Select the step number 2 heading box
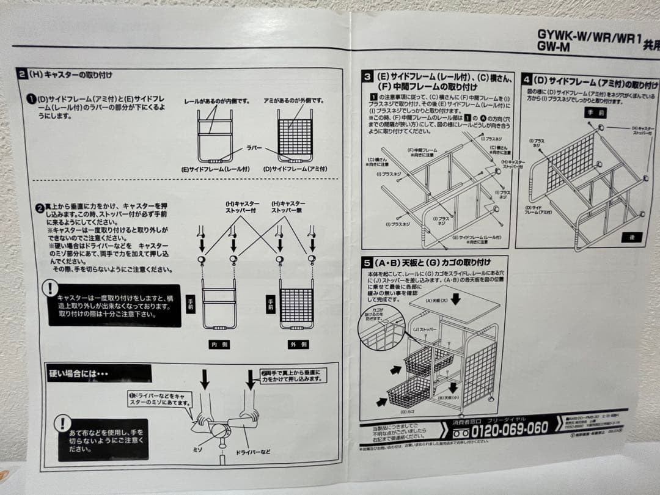click(x=21, y=75)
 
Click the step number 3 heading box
click(x=367, y=77)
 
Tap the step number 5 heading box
click(x=367, y=263)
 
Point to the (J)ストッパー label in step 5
click(x=425, y=329)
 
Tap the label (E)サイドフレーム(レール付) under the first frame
click(x=212, y=169)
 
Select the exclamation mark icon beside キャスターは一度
click(x=50, y=288)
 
